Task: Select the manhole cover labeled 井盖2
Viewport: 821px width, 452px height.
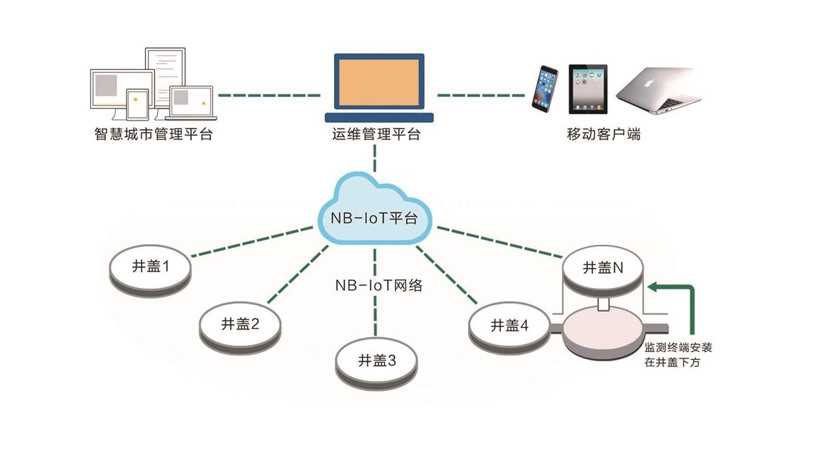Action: pos(240,325)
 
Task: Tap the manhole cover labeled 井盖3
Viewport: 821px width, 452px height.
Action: pos(377,361)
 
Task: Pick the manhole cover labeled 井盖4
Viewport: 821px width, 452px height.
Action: pos(509,327)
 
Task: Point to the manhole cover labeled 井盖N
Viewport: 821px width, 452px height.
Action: pos(602,269)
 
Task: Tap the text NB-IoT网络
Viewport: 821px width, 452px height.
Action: pos(378,285)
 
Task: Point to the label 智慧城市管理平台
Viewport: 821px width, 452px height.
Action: pos(153,134)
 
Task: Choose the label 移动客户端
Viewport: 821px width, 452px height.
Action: pos(603,134)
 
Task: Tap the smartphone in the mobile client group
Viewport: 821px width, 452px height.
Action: pos(546,89)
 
